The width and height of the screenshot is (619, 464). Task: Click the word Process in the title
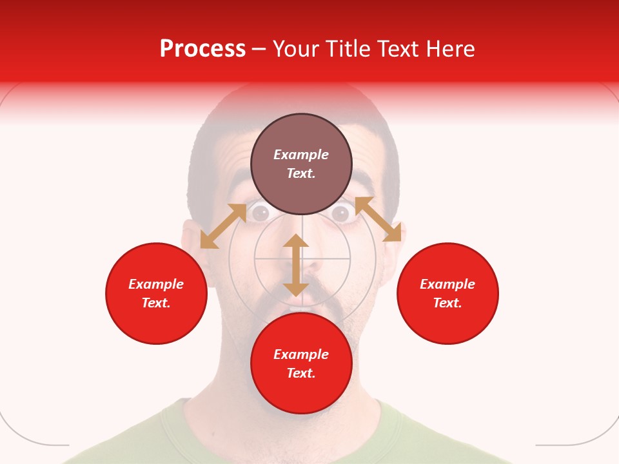[x=202, y=49]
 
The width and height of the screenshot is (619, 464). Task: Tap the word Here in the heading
[x=451, y=49]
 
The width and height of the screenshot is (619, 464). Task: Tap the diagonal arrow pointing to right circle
[x=378, y=219]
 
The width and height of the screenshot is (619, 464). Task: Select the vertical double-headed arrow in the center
[x=296, y=265]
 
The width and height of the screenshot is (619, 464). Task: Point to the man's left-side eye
[x=260, y=213]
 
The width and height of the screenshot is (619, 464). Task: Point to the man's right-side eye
[x=342, y=213]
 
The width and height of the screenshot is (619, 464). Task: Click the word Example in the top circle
[x=301, y=155]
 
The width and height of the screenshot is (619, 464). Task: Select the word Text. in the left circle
[x=156, y=303]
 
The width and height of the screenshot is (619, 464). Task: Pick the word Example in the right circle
[x=447, y=284]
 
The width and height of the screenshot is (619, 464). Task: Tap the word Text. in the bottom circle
[x=301, y=373]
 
